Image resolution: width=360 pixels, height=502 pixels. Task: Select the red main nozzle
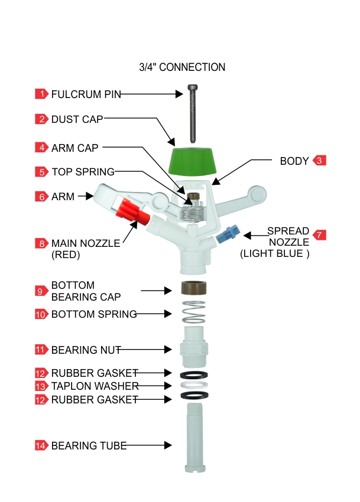(x=134, y=212)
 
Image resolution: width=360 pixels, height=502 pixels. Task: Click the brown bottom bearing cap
(x=193, y=290)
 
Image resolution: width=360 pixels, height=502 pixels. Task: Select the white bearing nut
(x=193, y=345)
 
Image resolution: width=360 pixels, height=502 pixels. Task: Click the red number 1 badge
(x=41, y=94)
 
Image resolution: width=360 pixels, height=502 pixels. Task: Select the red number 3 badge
(x=319, y=161)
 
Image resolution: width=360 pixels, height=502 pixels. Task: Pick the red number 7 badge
(x=319, y=235)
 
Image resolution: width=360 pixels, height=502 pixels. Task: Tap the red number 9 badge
(x=41, y=291)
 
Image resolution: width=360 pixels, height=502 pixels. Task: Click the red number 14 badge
(x=41, y=446)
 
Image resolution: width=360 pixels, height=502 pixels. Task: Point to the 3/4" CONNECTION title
(x=182, y=67)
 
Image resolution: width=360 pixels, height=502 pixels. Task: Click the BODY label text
(x=294, y=161)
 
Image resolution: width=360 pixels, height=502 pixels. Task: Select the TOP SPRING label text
(x=83, y=172)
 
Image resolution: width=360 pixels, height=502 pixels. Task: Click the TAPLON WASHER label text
(x=95, y=386)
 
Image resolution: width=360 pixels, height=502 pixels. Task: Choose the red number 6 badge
(x=41, y=197)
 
